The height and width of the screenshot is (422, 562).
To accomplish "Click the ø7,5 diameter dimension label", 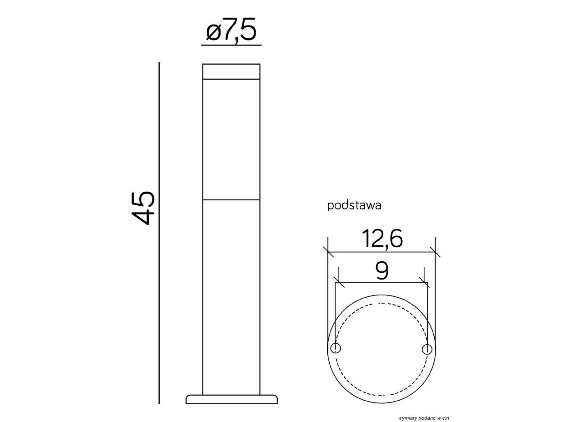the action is (x=231, y=30).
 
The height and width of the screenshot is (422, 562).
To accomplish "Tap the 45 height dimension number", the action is (x=143, y=208).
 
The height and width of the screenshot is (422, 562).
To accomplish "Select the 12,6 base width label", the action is (x=382, y=239).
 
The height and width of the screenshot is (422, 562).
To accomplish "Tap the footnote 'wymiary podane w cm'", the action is (x=423, y=418).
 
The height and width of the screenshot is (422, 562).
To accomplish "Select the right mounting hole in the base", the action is (x=427, y=349).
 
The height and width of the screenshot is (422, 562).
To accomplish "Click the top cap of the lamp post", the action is (x=231, y=71).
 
